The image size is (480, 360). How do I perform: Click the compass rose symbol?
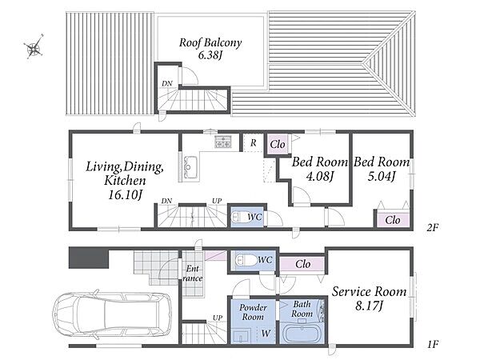point(34,47)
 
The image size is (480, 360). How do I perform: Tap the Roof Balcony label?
point(210,43)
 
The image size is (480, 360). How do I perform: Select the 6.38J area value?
point(210,55)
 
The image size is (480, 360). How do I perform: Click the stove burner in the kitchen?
point(223,142)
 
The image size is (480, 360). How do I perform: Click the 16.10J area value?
point(126,194)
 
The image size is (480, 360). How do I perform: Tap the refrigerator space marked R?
point(253,142)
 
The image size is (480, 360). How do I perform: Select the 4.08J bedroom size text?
point(319,176)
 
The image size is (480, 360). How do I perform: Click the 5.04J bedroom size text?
point(381,176)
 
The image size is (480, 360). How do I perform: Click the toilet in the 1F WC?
point(246,261)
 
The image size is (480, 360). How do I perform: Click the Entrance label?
point(193,274)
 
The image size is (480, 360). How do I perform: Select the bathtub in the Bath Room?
point(302,335)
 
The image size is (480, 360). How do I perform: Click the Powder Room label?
point(253,312)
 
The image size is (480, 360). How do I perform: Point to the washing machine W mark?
point(266,333)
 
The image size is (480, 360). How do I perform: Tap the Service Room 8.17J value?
point(370,306)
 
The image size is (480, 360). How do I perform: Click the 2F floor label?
point(431,227)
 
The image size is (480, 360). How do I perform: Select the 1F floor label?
point(433,345)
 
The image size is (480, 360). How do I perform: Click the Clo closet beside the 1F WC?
point(302,264)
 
